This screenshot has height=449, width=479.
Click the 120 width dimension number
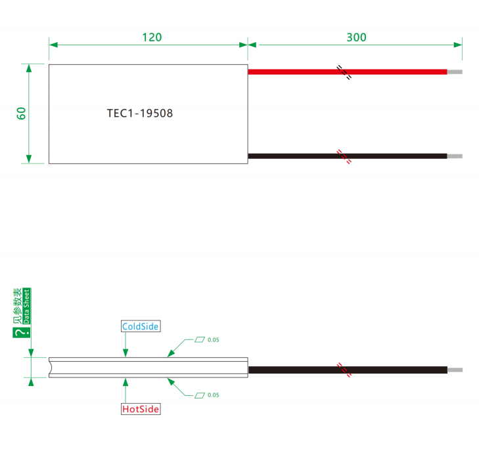pos(152,37)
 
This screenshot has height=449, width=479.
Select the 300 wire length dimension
pos(356,37)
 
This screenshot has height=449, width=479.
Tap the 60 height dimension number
pos(21,114)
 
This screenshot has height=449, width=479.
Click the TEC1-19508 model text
pos(139,114)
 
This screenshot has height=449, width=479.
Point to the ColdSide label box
pos(141,326)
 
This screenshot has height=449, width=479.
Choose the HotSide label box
pos(141,409)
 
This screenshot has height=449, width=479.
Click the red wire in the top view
pos(348,72)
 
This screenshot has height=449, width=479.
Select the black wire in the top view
pos(348,156)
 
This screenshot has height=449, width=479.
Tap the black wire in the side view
pos(348,370)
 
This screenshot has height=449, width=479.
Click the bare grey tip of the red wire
pos(455,72)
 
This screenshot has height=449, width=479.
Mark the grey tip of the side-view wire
pos(455,370)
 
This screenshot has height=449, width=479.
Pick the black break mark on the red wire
pos(344,72)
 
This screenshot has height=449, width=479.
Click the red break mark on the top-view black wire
pos(344,157)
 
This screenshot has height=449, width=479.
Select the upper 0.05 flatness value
pos(214,340)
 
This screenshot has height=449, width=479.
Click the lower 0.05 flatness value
pos(214,395)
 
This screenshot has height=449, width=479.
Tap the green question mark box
pos(22,332)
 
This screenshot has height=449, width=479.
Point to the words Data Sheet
pos(26,306)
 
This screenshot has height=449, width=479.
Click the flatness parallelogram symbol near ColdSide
pos(200,340)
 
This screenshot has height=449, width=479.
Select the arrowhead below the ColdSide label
pos(125,353)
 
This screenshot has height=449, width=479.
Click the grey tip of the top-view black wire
pos(455,156)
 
